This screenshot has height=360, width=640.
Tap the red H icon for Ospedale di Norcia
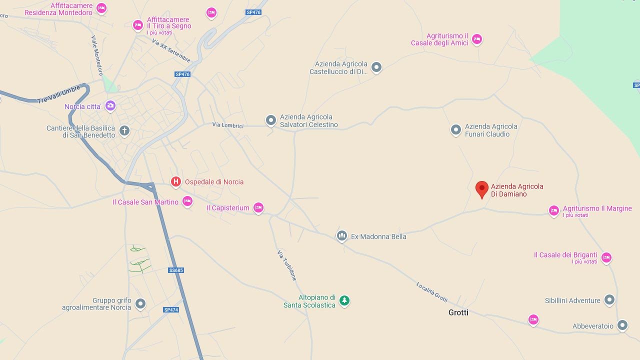(x=175, y=181)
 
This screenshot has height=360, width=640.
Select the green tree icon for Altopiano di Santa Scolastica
(x=344, y=300)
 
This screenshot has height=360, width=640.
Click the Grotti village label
(x=458, y=312)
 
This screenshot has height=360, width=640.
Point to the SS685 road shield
(x=176, y=270)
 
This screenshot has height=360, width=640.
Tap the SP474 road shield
(x=171, y=309)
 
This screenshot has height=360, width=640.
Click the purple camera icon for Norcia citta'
(x=110, y=105)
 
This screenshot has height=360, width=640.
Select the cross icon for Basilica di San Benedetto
(x=124, y=131)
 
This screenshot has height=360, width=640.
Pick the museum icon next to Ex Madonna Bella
(x=342, y=235)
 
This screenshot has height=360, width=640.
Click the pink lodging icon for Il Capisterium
(x=258, y=207)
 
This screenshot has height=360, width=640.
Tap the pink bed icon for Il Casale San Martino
(x=187, y=201)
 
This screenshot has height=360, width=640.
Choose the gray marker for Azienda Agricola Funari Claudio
(x=456, y=130)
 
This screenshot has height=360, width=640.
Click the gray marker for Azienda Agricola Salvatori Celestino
(x=270, y=120)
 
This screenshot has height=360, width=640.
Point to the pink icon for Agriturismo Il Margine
(x=553, y=210)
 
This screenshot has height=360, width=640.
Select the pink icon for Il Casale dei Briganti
(x=606, y=257)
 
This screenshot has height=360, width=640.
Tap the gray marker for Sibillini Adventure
(x=609, y=299)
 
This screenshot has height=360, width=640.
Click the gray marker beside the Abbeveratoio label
(x=622, y=325)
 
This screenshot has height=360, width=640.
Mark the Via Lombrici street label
(x=228, y=125)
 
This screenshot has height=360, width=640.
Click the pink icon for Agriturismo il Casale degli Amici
(x=477, y=38)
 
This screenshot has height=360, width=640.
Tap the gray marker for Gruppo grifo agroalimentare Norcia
(x=140, y=303)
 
